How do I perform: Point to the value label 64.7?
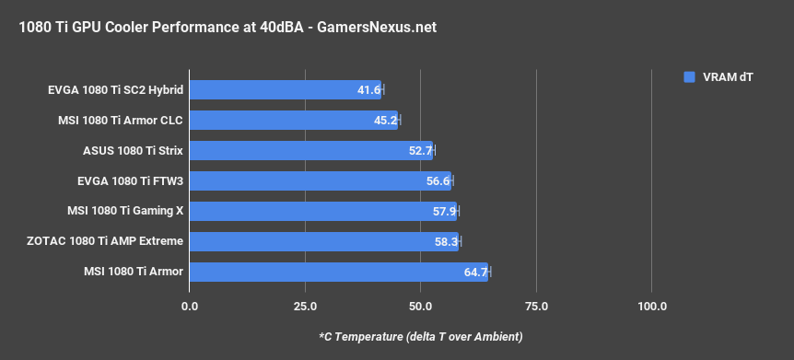click(475, 272)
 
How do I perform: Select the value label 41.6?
click(368, 90)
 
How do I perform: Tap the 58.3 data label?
click(446, 241)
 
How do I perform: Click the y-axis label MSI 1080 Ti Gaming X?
click(125, 211)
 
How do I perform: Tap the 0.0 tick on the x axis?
click(190, 306)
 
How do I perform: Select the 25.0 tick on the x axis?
click(305, 306)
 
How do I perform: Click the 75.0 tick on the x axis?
click(536, 306)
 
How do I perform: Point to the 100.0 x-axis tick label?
click(651, 306)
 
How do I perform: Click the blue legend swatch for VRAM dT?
click(688, 77)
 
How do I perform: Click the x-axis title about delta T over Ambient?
click(420, 336)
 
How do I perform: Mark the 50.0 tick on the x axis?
click(421, 306)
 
